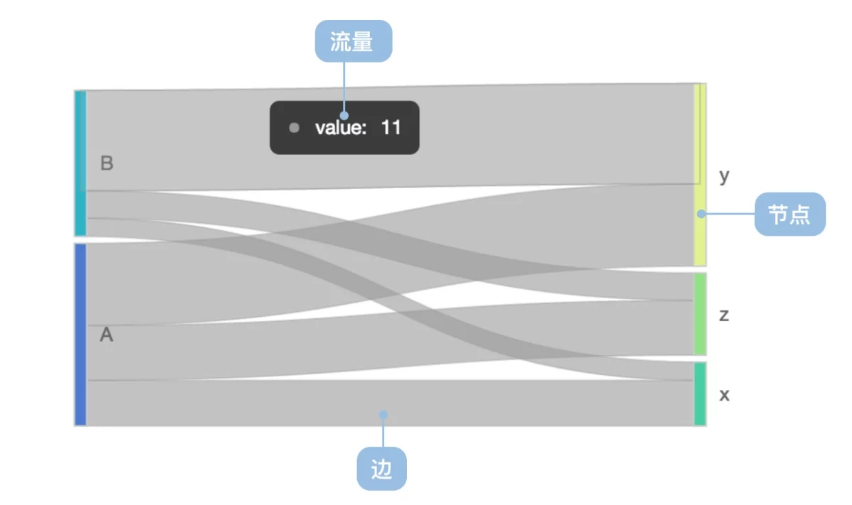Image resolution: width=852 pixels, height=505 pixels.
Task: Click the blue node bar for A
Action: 80,335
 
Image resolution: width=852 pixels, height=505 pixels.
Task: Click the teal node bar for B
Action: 80,163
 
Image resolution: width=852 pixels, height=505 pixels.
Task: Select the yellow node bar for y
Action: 700,175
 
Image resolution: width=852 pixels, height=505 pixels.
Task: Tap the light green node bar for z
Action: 700,315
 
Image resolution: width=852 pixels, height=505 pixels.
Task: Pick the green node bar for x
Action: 700,394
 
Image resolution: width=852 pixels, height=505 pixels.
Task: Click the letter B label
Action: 106,163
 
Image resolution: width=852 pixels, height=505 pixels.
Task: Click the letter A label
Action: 106,335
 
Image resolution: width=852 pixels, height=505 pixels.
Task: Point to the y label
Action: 724,177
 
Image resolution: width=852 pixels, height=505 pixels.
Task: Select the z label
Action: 723,315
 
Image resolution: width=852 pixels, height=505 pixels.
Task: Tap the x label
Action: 724,395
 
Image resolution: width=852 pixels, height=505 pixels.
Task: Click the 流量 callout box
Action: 354,41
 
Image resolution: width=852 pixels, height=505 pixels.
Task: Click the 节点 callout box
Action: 790,215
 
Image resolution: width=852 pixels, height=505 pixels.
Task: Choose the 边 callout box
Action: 381,469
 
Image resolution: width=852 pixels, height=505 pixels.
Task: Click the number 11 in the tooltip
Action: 391,127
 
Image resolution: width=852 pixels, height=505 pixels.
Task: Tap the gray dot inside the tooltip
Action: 294,127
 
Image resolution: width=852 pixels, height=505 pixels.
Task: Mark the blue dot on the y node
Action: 701,214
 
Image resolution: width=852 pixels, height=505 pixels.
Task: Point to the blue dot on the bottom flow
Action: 383,414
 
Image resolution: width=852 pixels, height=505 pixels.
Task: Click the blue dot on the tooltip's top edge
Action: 344,115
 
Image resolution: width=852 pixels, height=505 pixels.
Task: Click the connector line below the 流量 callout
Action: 344,87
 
